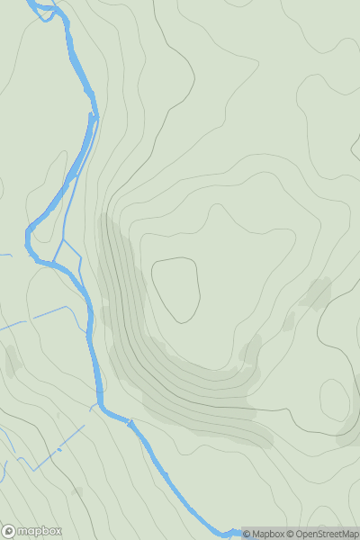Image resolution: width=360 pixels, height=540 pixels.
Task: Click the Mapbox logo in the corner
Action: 31,531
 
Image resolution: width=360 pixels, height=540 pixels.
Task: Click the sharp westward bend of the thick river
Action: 30,236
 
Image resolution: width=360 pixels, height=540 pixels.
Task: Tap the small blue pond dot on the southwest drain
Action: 59,449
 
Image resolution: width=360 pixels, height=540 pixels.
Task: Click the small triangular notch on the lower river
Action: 131,421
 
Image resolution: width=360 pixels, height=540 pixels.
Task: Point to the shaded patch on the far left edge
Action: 11,360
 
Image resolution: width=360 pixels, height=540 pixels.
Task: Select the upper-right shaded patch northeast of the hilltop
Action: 317,292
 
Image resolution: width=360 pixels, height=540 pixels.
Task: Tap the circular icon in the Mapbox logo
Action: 8,531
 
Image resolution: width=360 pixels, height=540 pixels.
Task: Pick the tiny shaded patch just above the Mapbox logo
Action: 76,491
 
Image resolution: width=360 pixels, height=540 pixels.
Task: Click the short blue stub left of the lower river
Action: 93,408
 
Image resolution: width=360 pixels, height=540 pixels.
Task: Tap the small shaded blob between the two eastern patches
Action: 289,320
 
